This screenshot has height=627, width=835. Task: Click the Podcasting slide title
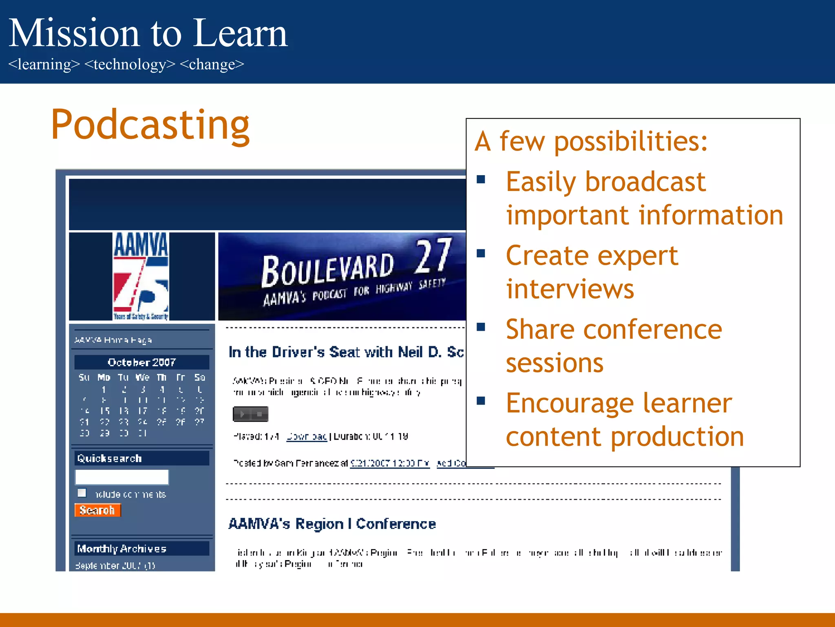(150, 125)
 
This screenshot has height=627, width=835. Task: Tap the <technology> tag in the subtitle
(130, 64)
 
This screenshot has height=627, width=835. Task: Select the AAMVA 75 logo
(141, 276)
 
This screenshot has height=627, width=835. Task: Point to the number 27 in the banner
(433, 256)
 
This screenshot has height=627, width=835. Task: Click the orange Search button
(97, 510)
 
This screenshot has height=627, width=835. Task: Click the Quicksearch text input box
(122, 477)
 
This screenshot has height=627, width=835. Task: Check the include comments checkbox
(82, 493)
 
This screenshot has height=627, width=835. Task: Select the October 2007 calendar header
(141, 362)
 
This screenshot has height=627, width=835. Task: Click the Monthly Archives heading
(122, 549)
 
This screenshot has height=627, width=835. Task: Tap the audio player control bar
(250, 414)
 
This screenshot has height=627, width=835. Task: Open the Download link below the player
(307, 436)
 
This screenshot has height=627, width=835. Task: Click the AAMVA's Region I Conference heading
(332, 524)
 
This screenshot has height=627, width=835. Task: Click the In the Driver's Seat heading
(346, 352)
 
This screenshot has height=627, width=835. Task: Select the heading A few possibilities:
(591, 141)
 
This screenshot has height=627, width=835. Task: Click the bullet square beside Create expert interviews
(481, 253)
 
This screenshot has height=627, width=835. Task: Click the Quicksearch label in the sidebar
(109, 458)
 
